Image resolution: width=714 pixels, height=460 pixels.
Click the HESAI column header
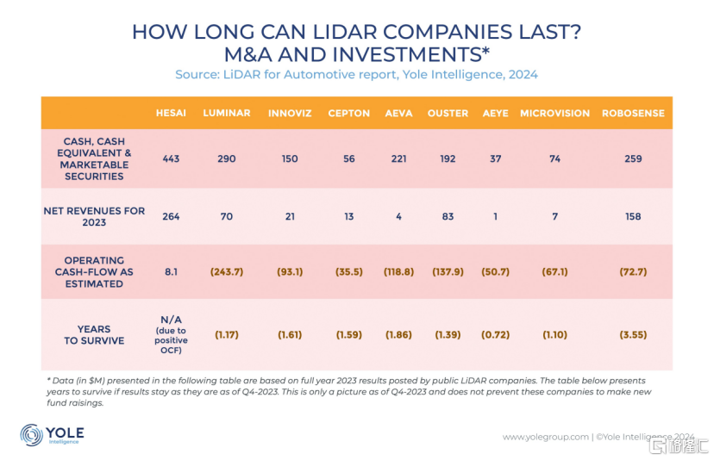(x=171, y=113)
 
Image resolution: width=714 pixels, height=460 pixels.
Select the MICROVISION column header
(x=554, y=113)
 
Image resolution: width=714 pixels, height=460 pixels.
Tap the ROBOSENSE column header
(x=633, y=113)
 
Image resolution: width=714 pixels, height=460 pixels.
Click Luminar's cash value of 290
(x=226, y=159)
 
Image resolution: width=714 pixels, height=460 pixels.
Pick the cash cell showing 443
(x=171, y=159)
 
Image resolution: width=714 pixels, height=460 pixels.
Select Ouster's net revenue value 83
(x=448, y=216)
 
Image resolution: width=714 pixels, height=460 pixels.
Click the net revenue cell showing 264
(x=171, y=216)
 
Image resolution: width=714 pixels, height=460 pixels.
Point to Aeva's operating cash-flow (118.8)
(x=398, y=271)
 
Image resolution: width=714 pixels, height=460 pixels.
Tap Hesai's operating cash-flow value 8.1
(x=171, y=271)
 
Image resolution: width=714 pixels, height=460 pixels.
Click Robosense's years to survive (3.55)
(x=633, y=335)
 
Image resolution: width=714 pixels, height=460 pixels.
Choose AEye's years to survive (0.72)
(x=495, y=335)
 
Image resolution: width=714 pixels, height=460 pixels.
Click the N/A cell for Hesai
(x=171, y=335)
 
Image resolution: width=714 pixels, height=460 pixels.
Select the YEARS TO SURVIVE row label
(x=94, y=335)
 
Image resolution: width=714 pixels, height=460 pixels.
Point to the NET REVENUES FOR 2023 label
(x=94, y=216)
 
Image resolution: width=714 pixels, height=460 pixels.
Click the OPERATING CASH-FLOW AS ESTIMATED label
(x=94, y=272)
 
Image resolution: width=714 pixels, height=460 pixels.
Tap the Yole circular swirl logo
(x=31, y=435)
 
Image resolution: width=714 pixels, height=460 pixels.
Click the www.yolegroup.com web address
(x=546, y=437)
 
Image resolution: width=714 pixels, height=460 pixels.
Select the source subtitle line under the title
(x=356, y=75)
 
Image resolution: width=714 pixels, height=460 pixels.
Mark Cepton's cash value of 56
(x=348, y=159)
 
